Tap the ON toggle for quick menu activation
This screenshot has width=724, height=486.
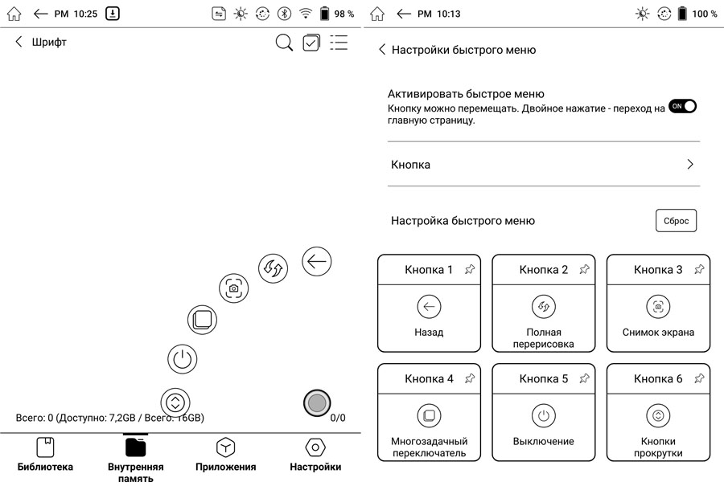[682, 106]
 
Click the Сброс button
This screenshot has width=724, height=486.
[676, 221]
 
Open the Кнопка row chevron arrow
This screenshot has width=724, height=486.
[689, 165]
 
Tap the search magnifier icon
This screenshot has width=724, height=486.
[284, 43]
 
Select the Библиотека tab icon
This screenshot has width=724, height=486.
[45, 447]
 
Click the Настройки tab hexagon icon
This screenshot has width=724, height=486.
[315, 447]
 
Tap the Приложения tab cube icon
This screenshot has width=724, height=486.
[225, 447]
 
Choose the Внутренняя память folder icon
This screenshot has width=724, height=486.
[135, 447]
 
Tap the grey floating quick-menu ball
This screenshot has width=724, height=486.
[317, 403]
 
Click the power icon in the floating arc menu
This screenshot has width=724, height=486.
[183, 358]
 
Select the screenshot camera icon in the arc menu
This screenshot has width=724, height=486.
[233, 288]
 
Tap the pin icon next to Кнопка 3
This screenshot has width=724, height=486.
[699, 270]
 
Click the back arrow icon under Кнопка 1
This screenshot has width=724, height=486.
[429, 306]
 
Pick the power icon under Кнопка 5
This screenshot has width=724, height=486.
[544, 415]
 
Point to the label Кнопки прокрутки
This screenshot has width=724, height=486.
[658, 447]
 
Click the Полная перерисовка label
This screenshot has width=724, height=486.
[544, 338]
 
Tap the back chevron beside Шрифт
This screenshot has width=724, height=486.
[19, 43]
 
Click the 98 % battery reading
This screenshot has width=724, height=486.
[344, 14]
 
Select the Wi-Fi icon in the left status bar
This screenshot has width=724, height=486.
[306, 14]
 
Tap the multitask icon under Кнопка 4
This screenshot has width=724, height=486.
[429, 415]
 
